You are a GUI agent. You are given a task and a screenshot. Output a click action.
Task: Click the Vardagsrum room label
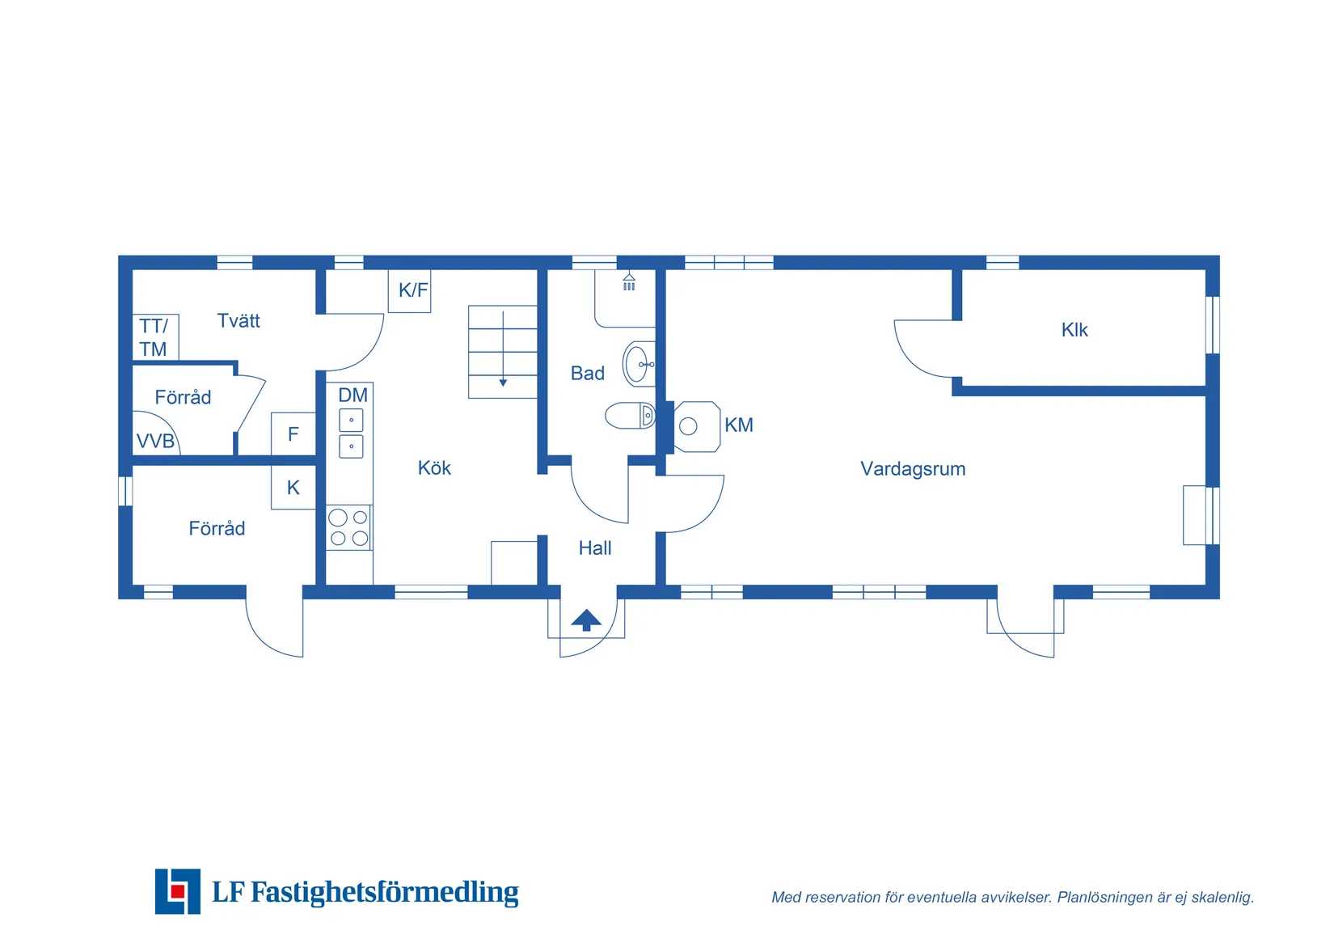click(x=913, y=469)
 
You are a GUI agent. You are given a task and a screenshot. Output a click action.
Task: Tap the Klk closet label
click(x=1074, y=330)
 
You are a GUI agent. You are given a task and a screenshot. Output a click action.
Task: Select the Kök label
click(x=434, y=468)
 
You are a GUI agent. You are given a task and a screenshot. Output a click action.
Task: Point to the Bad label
click(x=588, y=374)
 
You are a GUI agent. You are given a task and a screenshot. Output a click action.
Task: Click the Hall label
click(x=595, y=548)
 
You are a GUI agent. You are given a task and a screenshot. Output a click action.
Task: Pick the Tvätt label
click(x=239, y=321)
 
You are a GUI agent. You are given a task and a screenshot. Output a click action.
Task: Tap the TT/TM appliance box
click(x=154, y=337)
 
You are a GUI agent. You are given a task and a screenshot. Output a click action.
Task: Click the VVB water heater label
click(x=155, y=442)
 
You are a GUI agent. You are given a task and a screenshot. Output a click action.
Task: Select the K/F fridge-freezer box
click(x=410, y=290)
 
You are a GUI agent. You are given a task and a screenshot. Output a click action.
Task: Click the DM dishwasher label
click(x=353, y=395)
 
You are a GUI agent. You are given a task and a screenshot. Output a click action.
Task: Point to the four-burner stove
click(x=348, y=527)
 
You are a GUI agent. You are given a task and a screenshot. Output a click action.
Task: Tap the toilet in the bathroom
click(x=630, y=416)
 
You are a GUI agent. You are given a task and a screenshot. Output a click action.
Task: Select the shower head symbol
click(x=629, y=282)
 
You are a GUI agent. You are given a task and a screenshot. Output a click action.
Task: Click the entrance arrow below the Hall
click(x=586, y=620)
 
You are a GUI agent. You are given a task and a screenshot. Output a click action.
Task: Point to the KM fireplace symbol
click(x=696, y=426)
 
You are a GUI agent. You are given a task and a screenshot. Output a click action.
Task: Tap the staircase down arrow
click(x=503, y=381)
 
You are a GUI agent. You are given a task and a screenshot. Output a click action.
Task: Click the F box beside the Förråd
click(x=293, y=435)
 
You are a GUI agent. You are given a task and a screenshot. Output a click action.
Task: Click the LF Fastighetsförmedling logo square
click(x=178, y=891)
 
